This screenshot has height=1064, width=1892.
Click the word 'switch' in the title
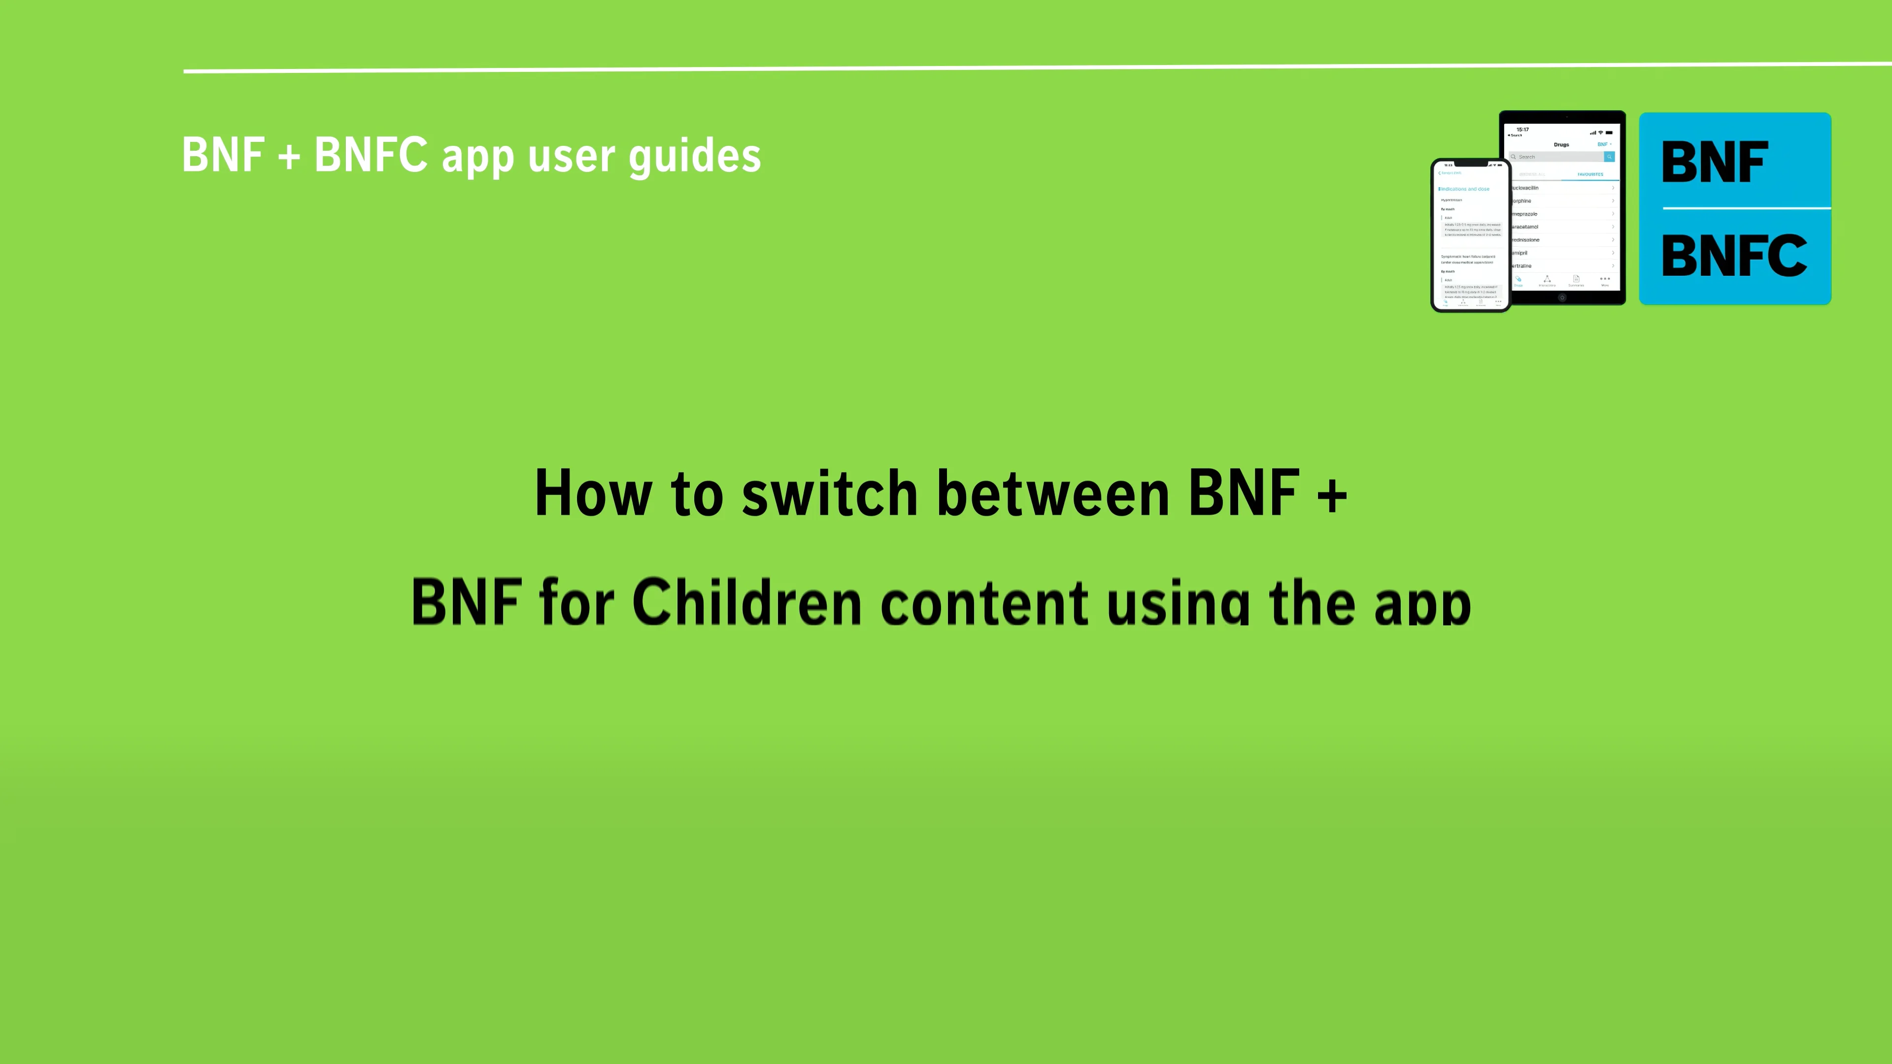click(829, 494)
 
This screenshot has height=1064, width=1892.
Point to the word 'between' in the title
click(1053, 494)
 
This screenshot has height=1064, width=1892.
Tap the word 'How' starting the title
click(593, 494)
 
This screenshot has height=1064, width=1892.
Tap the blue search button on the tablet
click(1609, 157)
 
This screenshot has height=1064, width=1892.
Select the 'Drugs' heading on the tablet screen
click(1561, 145)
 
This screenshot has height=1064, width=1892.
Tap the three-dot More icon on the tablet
click(1605, 279)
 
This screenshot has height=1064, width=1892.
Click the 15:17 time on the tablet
click(1522, 129)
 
